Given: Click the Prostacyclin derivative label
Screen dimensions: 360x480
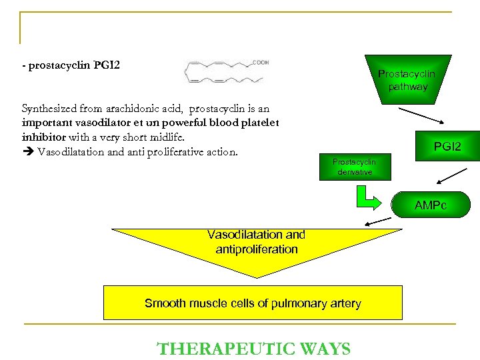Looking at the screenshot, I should (354, 167).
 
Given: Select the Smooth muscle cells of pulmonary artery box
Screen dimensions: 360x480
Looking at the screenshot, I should (253, 303).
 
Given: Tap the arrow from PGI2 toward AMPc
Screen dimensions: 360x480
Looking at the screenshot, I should (451, 175).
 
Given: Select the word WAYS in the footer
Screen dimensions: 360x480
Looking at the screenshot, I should (325, 349).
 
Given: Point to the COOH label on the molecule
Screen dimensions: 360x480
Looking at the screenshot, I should (260, 63).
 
